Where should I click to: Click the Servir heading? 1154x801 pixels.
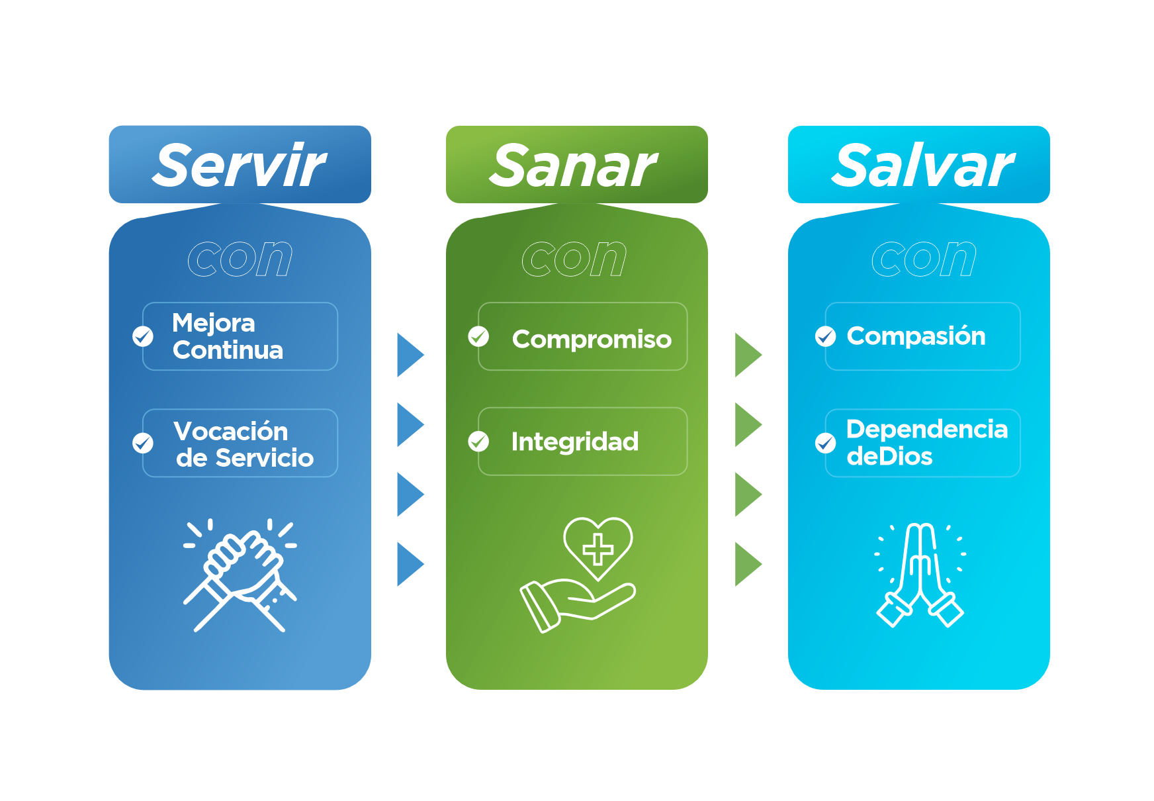(x=239, y=165)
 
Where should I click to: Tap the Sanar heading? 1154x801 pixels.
(x=573, y=165)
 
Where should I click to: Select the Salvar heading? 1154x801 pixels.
(x=922, y=165)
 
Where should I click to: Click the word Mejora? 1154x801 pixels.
(x=213, y=323)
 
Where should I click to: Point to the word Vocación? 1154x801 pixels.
(x=231, y=431)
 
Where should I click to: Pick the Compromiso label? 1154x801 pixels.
(x=592, y=340)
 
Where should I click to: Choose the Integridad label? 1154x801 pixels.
(x=574, y=442)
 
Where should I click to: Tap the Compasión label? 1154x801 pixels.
(x=916, y=336)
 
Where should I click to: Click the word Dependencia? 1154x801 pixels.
(x=927, y=429)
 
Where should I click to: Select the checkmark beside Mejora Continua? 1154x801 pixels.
(x=142, y=336)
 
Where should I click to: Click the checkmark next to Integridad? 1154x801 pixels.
(x=478, y=441)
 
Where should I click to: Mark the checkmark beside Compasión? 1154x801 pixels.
(x=825, y=336)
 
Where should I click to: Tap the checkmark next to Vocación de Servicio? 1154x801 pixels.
(x=142, y=442)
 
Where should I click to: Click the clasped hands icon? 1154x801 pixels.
(x=240, y=575)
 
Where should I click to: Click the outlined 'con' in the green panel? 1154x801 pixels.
(x=574, y=258)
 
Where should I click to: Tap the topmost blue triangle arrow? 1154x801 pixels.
(x=410, y=355)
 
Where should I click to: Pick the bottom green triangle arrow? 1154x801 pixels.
(x=748, y=564)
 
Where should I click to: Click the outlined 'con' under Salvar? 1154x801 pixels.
(x=924, y=258)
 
